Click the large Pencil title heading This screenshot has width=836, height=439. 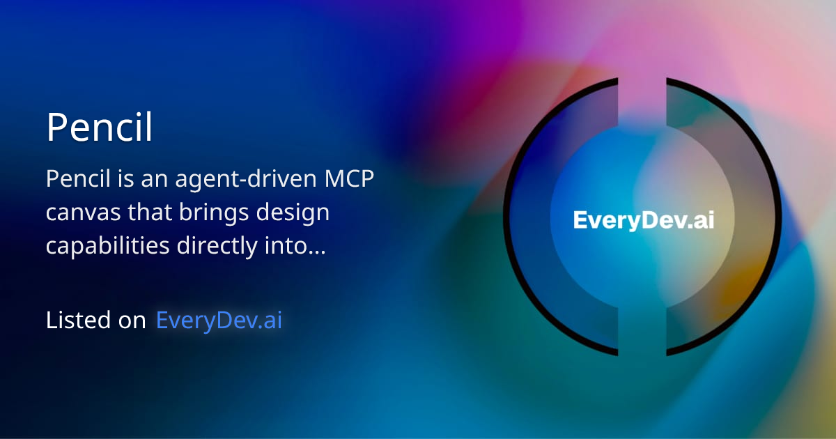pos(99,127)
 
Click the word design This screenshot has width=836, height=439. pos(293,213)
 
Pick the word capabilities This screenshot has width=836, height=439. pos(105,247)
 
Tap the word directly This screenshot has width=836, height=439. pos(217,247)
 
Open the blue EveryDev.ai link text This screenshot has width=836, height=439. pos(219,320)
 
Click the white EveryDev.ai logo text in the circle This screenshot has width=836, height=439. pos(643,221)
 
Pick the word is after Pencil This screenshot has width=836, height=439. pos(122,179)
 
